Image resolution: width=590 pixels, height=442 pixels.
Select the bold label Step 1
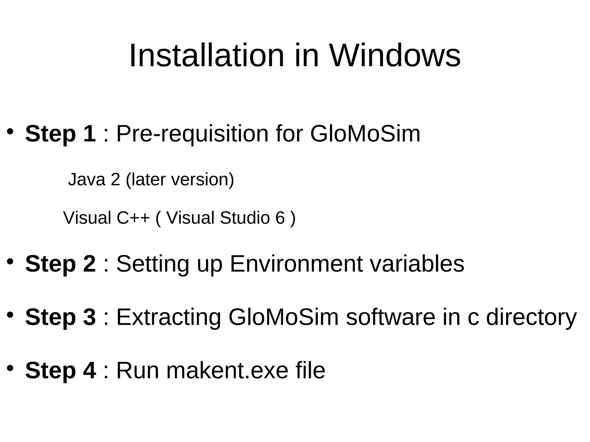tap(60, 134)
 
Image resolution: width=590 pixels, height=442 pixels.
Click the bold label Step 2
tap(60, 264)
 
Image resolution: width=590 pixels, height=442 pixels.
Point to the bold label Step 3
tap(60, 317)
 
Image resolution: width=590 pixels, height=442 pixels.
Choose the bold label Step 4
tap(60, 370)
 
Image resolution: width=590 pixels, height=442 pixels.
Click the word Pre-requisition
tap(192, 134)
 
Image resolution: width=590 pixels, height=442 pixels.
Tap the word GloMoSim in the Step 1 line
tap(365, 134)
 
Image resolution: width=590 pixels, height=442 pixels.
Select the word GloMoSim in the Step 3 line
tap(283, 317)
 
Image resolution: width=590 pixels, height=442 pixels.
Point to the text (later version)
tap(180, 179)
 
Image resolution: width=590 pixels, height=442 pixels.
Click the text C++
tap(133, 218)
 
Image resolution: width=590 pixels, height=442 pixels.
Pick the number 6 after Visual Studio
tap(280, 218)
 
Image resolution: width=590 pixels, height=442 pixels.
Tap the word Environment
tap(296, 264)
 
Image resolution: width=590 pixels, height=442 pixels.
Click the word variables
tap(417, 264)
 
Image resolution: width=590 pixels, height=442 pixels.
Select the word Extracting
tap(169, 317)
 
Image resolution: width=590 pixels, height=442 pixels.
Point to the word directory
tap(531, 317)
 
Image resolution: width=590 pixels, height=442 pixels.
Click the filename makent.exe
tap(227, 370)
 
